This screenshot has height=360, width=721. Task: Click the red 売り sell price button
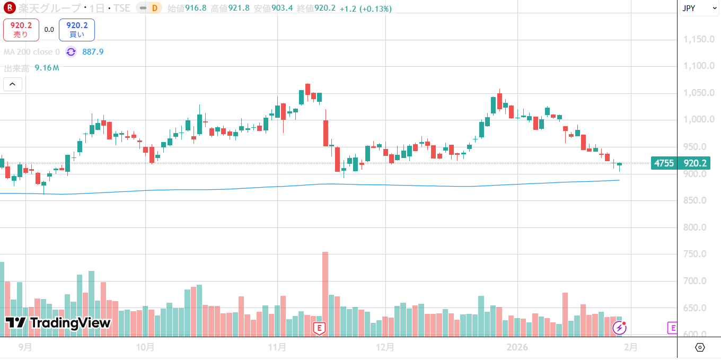click(x=21, y=30)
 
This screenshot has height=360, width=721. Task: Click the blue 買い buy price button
click(x=77, y=30)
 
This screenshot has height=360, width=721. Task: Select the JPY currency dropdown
click(x=695, y=8)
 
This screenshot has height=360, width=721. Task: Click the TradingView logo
click(x=58, y=323)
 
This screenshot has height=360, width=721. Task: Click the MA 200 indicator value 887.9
click(x=93, y=52)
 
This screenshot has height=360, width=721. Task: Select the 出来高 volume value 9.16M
click(x=47, y=68)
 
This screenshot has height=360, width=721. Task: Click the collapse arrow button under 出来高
click(x=13, y=84)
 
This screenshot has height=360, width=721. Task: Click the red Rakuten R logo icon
click(x=9, y=8)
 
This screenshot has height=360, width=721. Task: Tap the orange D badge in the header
click(x=154, y=8)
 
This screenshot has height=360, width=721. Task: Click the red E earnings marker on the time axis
click(x=319, y=328)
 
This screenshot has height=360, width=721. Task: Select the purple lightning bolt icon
click(x=619, y=328)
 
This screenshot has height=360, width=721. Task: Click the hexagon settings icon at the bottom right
click(x=699, y=347)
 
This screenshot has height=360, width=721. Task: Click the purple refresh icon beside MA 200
click(x=71, y=52)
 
